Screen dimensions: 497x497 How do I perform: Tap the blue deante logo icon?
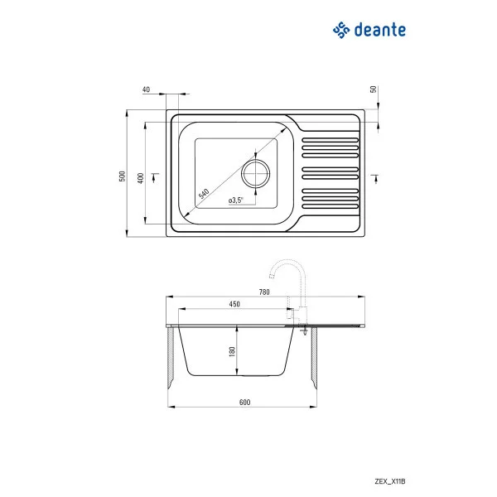pyautogui.click(x=340, y=31)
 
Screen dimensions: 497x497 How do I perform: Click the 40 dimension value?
pyautogui.click(x=146, y=89)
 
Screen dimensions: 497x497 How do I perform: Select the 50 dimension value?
pyautogui.click(x=374, y=89)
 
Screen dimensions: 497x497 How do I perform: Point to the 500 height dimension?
pyautogui.click(x=121, y=175)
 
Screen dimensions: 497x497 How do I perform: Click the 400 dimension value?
pyautogui.click(x=141, y=177)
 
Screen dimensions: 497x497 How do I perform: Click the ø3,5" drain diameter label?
pyautogui.click(x=235, y=200)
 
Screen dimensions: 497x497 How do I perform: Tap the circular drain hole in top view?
pyautogui.click(x=255, y=173)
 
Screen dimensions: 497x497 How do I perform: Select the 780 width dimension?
pyautogui.click(x=264, y=292)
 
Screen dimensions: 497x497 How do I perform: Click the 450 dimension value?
pyautogui.click(x=234, y=305)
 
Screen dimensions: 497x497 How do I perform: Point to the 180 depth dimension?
pyautogui.click(x=233, y=350)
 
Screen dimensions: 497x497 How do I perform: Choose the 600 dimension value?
pyautogui.click(x=244, y=402)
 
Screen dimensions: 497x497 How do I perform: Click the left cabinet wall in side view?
pyautogui.click(x=171, y=359)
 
